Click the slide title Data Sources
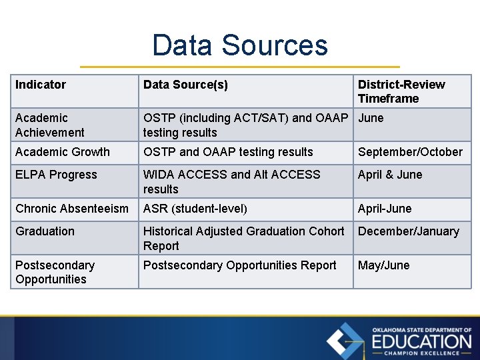pyautogui.click(x=240, y=45)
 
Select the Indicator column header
pyautogui.click(x=41, y=85)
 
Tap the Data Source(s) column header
pyautogui.click(x=185, y=85)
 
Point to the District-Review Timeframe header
pyautogui.click(x=401, y=91)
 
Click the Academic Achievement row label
pyautogui.click(x=50, y=125)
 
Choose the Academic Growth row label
pyautogui.click(x=63, y=152)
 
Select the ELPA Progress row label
pyautogui.click(x=56, y=175)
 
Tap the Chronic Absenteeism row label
pyautogui.click(x=72, y=209)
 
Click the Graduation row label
pyautogui.click(x=45, y=231)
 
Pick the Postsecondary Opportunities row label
pyautogui.click(x=55, y=272)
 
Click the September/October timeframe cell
pyautogui.click(x=410, y=152)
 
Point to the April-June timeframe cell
pyautogui.click(x=385, y=209)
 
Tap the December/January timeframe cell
pyautogui.click(x=408, y=231)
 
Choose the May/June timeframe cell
pyautogui.click(x=383, y=265)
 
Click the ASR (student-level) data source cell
pyautogui.click(x=195, y=209)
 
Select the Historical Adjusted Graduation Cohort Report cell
pyautogui.click(x=243, y=238)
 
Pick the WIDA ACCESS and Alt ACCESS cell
pyautogui.click(x=231, y=181)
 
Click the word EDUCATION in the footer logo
pyautogui.click(x=421, y=341)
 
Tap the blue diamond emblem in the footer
pyautogui.click(x=345, y=341)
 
